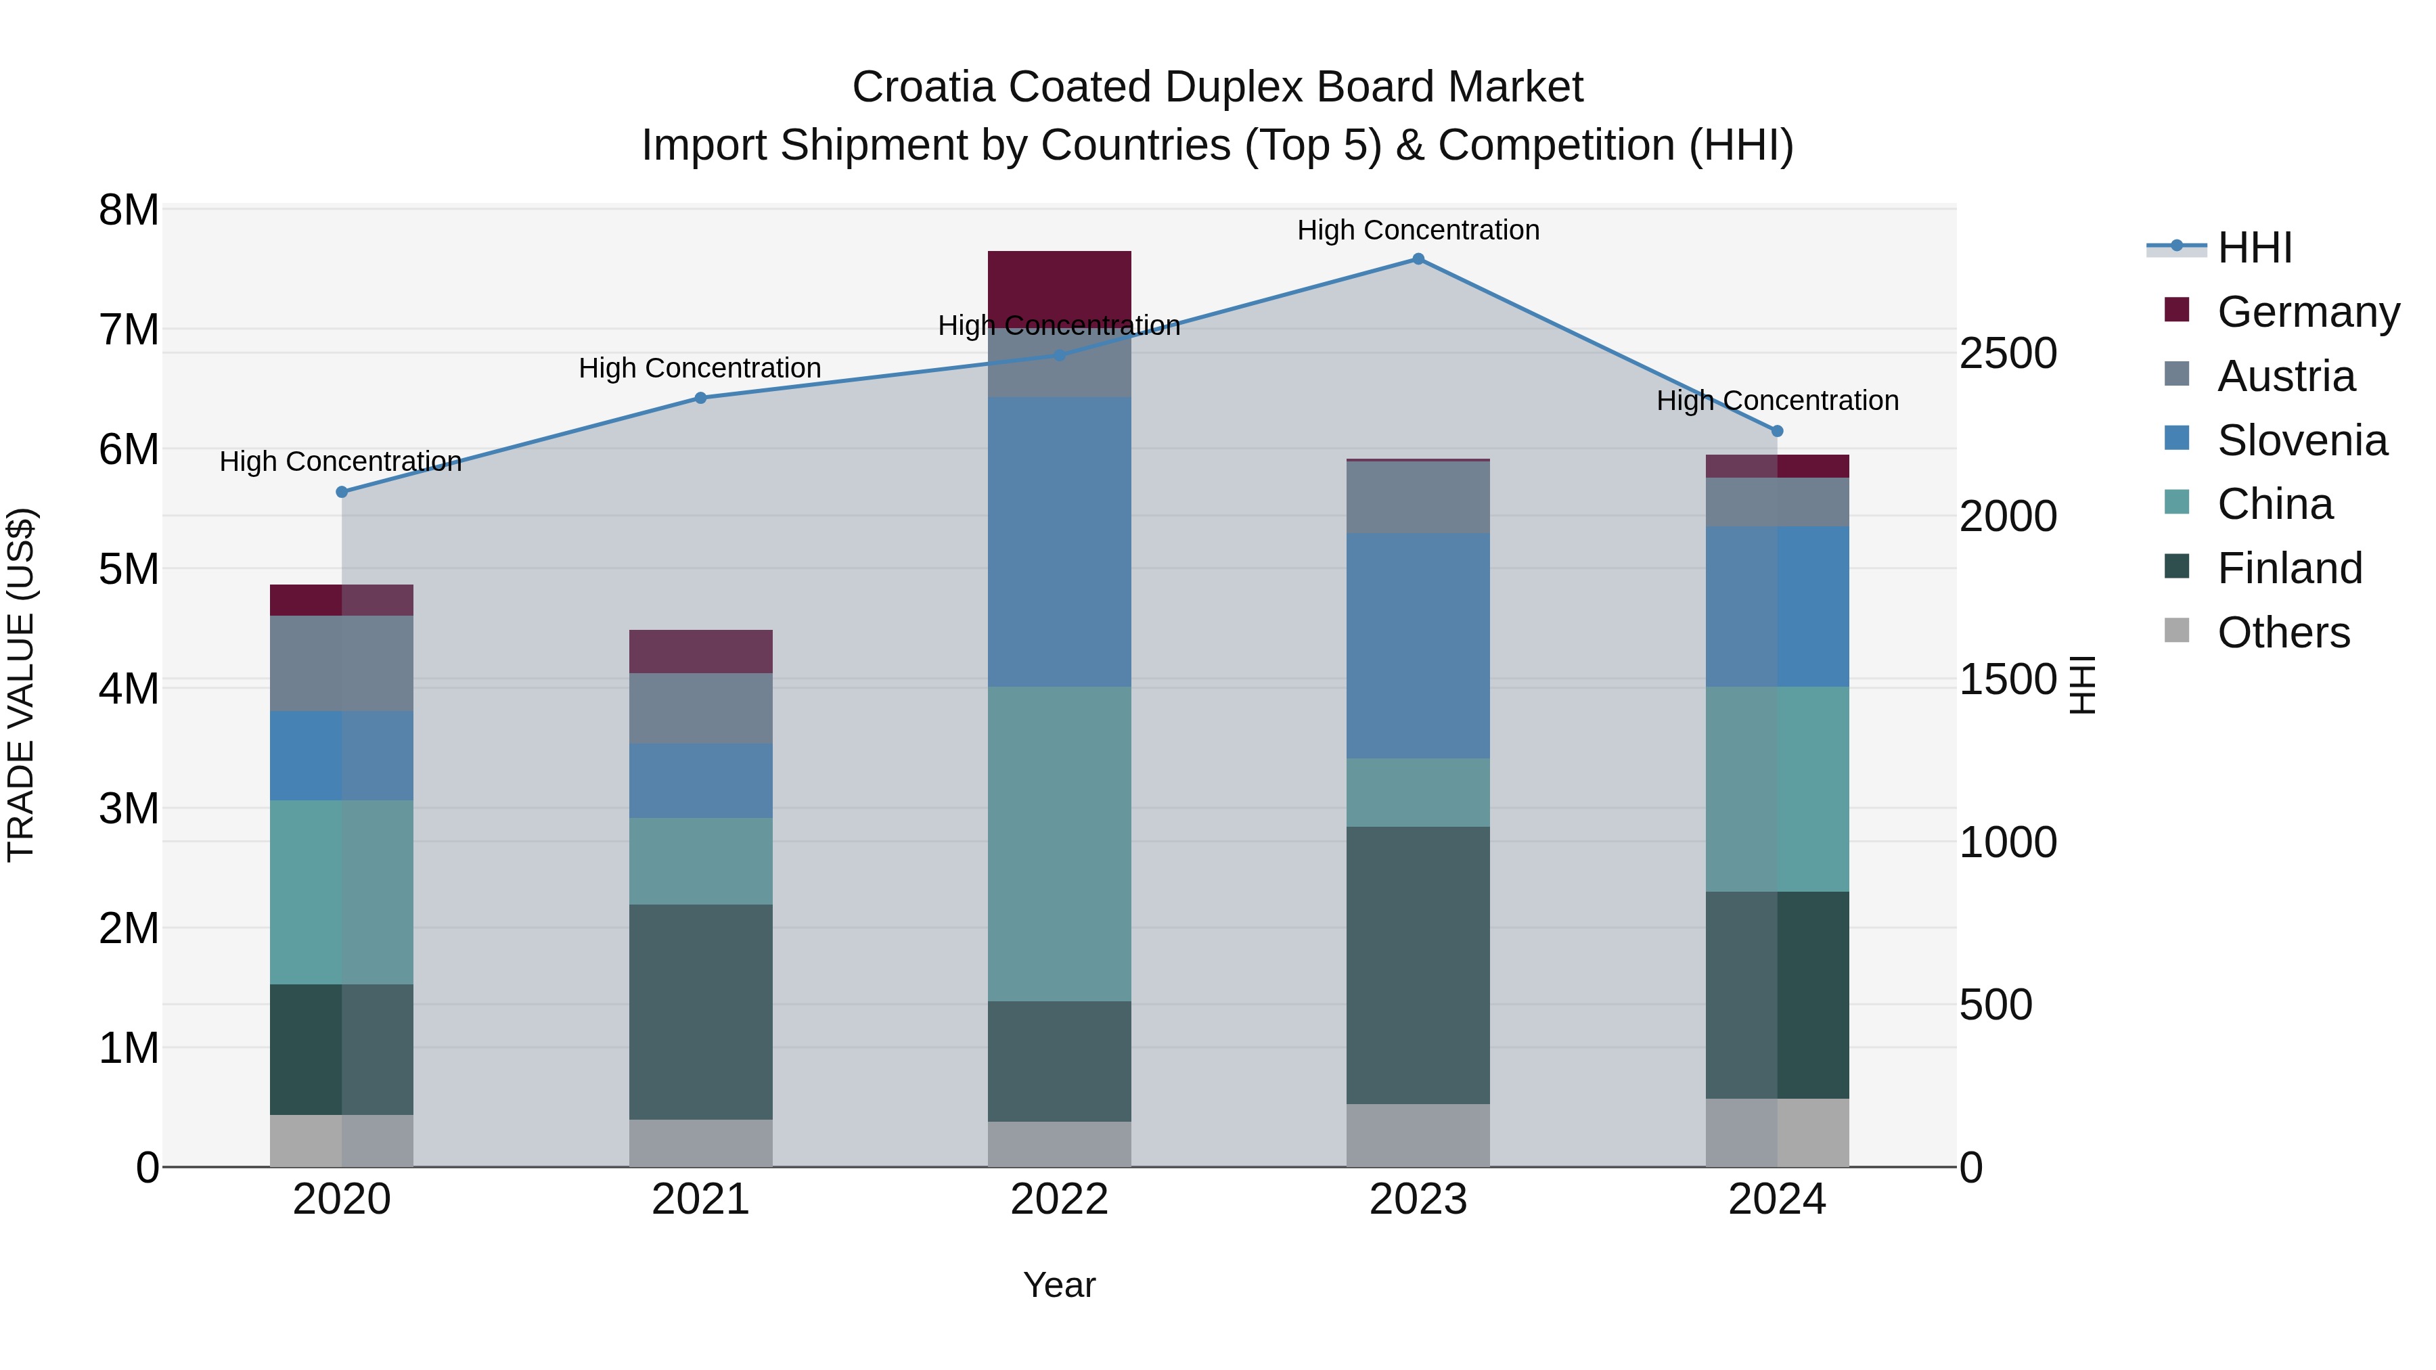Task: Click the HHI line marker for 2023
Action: pos(1418,259)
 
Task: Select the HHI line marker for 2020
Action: pos(342,492)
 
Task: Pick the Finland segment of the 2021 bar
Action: pos(701,1011)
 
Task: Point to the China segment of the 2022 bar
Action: pos(1059,844)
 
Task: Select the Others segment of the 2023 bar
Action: pos(1418,1135)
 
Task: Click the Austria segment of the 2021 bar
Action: pos(701,708)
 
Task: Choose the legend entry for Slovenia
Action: pos(2301,440)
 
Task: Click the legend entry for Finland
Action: pos(2288,568)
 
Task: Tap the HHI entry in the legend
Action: pos(2253,248)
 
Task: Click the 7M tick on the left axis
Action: pos(129,330)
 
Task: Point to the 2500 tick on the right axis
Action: pos(2008,354)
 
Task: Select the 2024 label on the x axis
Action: pos(1777,1200)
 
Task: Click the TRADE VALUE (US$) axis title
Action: pos(21,685)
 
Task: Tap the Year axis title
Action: pos(1059,1285)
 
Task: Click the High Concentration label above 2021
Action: pos(700,368)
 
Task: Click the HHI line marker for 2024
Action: pos(1777,431)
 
